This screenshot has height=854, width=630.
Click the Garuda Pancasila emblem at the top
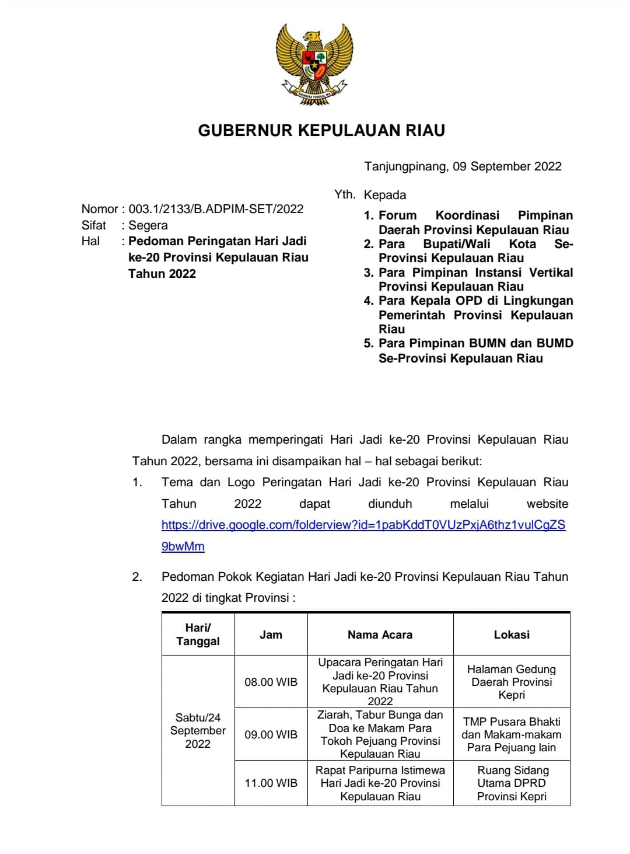click(315, 64)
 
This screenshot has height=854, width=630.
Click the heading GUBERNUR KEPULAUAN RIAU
click(321, 130)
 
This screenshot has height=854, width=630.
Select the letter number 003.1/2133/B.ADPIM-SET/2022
click(216, 209)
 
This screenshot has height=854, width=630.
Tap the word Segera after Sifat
click(148, 225)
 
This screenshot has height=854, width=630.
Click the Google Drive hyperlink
click(363, 525)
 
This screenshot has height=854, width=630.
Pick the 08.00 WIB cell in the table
click(271, 682)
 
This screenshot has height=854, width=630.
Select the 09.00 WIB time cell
click(271, 734)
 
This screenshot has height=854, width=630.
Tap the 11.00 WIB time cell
click(271, 783)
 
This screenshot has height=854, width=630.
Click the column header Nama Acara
click(380, 635)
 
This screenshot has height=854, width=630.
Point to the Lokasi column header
click(512, 635)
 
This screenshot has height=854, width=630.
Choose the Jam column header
click(271, 635)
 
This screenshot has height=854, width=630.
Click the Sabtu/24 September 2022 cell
click(198, 730)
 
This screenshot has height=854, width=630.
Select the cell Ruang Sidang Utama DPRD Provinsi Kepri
click(512, 783)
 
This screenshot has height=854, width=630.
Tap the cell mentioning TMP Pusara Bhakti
click(512, 734)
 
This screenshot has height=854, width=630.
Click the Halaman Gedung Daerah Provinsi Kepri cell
click(512, 682)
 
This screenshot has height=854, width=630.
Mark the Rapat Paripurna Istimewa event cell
click(380, 783)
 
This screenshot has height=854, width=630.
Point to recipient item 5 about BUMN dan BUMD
click(468, 351)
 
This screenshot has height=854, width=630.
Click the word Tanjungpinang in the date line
click(405, 166)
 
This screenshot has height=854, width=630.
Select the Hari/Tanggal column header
click(198, 635)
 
